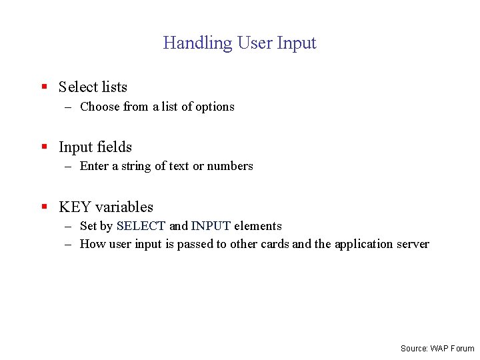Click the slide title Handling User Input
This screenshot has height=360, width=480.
click(x=239, y=43)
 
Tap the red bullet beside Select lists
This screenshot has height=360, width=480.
click(x=43, y=87)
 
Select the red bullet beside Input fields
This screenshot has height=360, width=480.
click(x=43, y=147)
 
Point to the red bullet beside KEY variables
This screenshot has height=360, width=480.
click(x=43, y=207)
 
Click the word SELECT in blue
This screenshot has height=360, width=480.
click(x=141, y=226)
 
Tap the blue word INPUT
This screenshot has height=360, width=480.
click(x=211, y=226)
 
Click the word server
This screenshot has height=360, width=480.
click(x=413, y=244)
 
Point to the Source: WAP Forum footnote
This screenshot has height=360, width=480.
click(x=437, y=348)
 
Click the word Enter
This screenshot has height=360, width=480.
click(x=94, y=166)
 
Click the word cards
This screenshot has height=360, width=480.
click(x=275, y=244)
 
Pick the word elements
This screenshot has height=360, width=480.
click(x=258, y=226)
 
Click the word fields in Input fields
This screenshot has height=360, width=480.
click(x=115, y=147)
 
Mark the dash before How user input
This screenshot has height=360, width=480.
click(x=68, y=244)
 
